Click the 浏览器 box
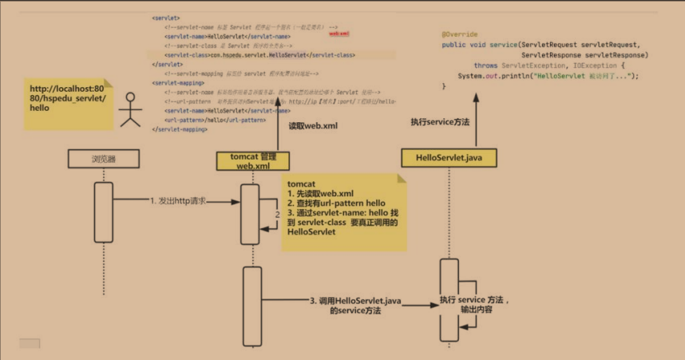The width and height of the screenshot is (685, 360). (x=103, y=159)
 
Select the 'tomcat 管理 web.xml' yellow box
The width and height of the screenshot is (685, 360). (x=252, y=160)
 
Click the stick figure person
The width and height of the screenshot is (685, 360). (x=127, y=112)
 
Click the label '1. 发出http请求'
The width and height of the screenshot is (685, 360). (x=178, y=201)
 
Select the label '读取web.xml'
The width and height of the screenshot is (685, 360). (x=313, y=126)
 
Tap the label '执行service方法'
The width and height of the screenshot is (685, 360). (x=440, y=121)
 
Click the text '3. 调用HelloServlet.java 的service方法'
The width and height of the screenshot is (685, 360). (x=354, y=305)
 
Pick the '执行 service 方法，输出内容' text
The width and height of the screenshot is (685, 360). (x=475, y=303)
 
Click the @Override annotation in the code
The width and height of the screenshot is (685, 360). (x=460, y=34)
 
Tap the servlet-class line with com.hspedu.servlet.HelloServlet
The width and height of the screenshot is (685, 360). (x=259, y=55)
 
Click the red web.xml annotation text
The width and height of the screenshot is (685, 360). (x=339, y=34)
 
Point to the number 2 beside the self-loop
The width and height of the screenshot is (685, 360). (x=277, y=215)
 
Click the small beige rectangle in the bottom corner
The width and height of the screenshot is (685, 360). (x=30, y=344)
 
